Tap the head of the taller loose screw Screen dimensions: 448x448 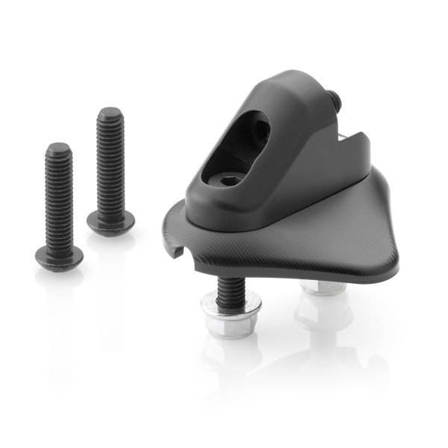(x=111, y=221)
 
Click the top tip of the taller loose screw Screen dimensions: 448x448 (x=110, y=112)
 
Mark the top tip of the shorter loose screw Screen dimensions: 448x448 (x=58, y=147)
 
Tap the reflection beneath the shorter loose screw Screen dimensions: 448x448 (x=60, y=299)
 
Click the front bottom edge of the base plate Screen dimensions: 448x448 (x=299, y=275)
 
